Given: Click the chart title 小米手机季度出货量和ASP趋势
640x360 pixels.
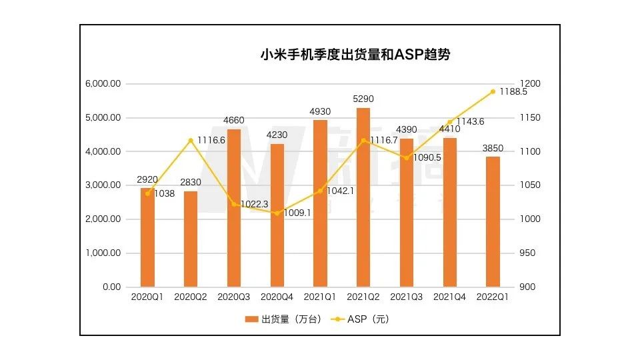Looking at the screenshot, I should point(355,55).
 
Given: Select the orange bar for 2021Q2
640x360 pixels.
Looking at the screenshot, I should point(363,197).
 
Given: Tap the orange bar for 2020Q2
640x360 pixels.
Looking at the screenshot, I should point(191,239).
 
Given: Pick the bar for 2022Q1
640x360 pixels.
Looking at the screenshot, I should point(493,221).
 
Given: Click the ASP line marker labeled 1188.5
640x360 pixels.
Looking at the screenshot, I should point(493,91).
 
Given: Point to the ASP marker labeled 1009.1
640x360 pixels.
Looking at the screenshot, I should point(277,213).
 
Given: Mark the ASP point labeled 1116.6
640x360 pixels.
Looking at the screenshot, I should point(191,140).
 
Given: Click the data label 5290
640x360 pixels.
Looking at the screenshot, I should point(363,99).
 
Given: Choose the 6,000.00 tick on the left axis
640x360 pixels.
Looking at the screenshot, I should point(103,84).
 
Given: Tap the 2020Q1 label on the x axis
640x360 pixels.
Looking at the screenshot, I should point(147,298).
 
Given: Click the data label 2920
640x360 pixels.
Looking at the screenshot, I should point(147,179).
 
